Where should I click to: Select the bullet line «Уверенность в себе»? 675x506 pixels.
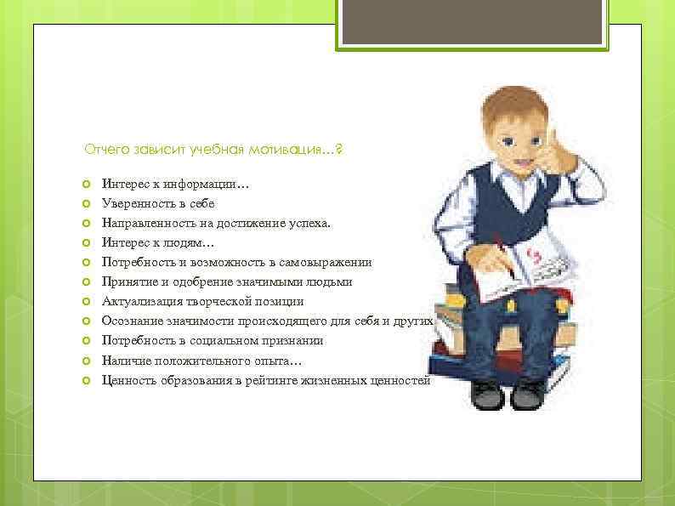pos(158,204)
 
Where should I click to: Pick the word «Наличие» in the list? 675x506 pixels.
pos(124,361)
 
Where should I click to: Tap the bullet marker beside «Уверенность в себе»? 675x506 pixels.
pos(87,204)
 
